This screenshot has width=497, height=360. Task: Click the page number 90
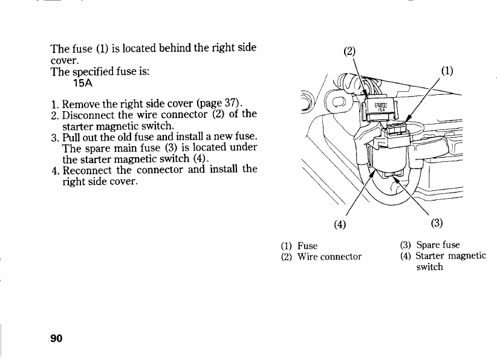click(57, 338)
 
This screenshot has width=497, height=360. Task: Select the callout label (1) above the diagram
click(447, 69)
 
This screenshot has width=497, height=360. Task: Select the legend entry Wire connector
click(330, 256)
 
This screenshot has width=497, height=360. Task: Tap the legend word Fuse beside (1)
click(307, 246)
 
